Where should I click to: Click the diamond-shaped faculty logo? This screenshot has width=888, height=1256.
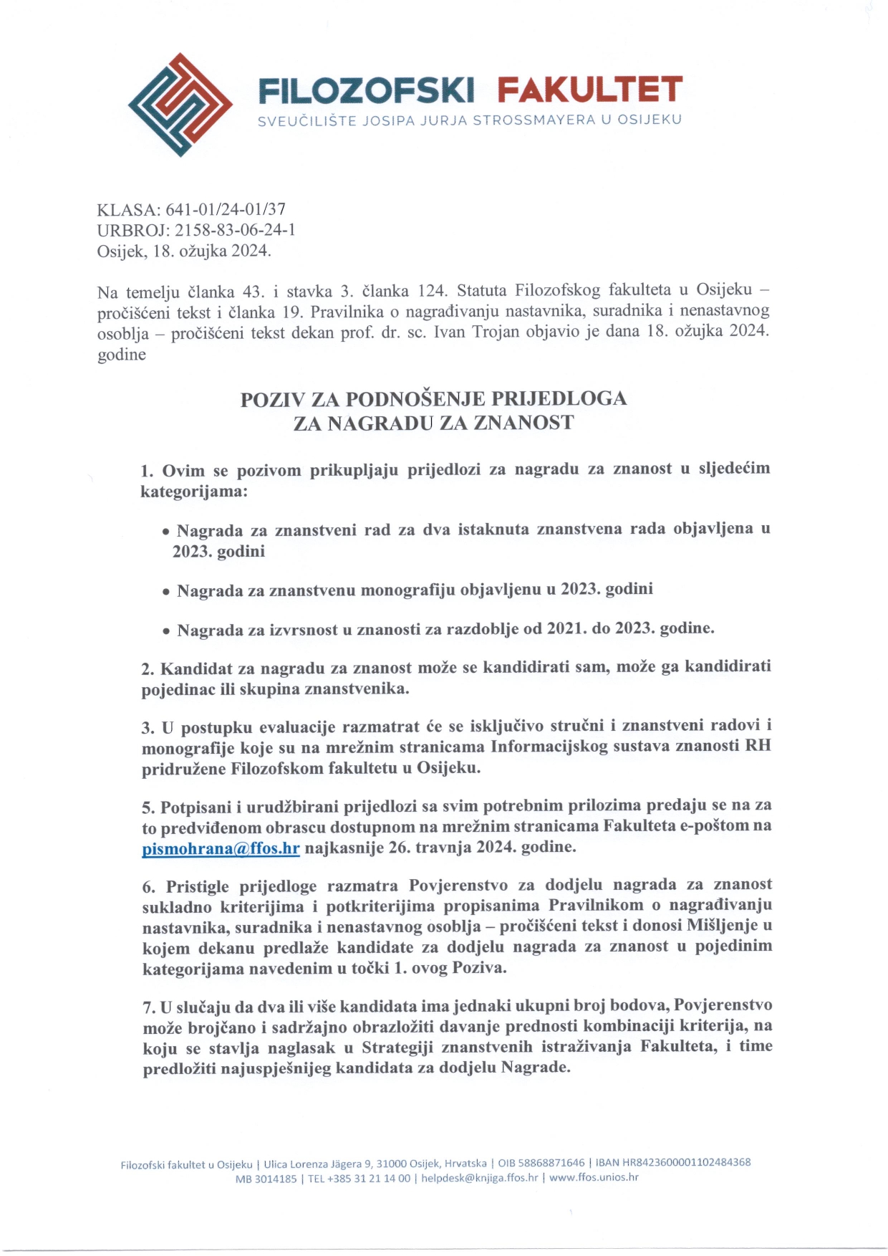pyautogui.click(x=180, y=105)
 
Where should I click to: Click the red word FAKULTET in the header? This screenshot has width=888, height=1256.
pyautogui.click(x=589, y=90)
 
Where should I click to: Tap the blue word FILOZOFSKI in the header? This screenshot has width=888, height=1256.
pyautogui.click(x=366, y=90)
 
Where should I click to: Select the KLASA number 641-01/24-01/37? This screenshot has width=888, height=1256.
pyautogui.click(x=226, y=209)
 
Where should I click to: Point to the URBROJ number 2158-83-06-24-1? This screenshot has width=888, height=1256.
pyautogui.click(x=235, y=230)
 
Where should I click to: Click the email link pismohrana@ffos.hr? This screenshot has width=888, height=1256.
pyautogui.click(x=221, y=848)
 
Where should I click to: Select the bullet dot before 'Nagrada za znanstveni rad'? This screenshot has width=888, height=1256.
pyautogui.click(x=165, y=532)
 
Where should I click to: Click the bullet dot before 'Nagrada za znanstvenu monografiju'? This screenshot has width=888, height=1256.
pyautogui.click(x=165, y=592)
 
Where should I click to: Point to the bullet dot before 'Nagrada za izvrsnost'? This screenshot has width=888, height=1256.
pyautogui.click(x=165, y=632)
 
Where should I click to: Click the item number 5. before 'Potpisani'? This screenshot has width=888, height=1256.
pyautogui.click(x=148, y=808)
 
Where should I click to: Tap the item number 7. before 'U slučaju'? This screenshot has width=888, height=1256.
pyautogui.click(x=149, y=1007)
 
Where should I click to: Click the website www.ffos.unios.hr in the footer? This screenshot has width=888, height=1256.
pyautogui.click(x=593, y=1177)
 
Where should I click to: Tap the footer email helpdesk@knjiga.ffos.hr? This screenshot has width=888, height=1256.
pyautogui.click(x=479, y=1177)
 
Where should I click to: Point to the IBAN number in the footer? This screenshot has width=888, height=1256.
pyautogui.click(x=686, y=1162)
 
